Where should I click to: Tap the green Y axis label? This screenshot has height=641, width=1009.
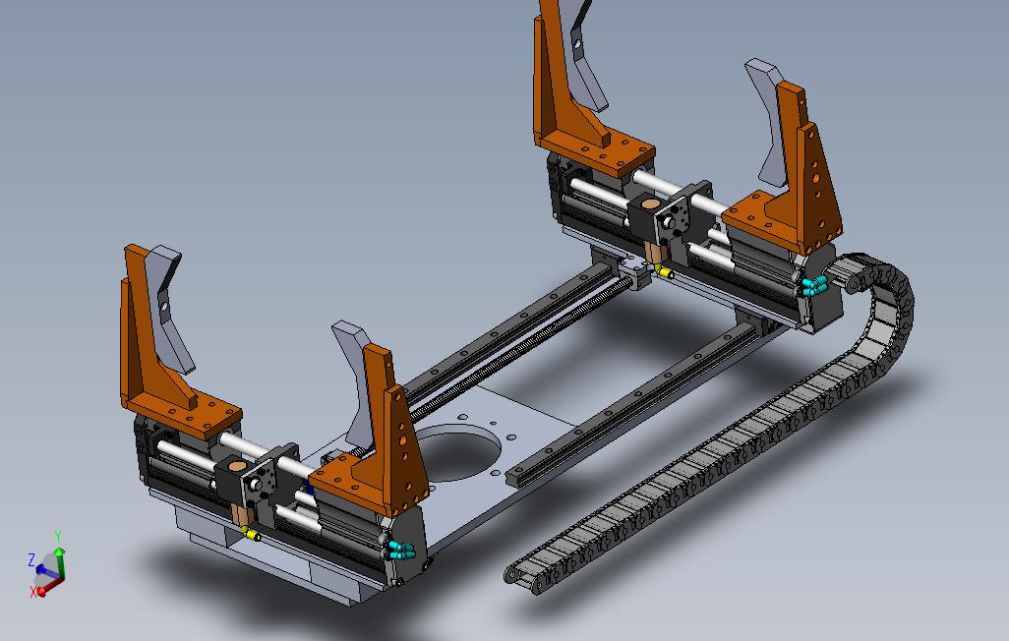point(58,537)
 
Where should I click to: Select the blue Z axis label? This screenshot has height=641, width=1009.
point(31,559)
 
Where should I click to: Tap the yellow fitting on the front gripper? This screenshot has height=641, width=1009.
point(252,535)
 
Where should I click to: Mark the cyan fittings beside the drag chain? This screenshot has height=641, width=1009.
point(812,286)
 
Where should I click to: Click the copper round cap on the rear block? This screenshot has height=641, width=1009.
point(648,204)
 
